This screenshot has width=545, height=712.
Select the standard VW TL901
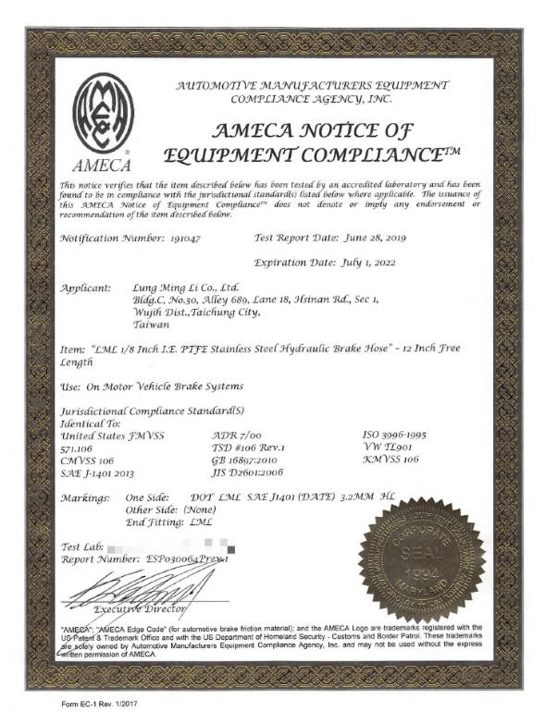tap(389, 446)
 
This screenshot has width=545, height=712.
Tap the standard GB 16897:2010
tap(252, 458)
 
